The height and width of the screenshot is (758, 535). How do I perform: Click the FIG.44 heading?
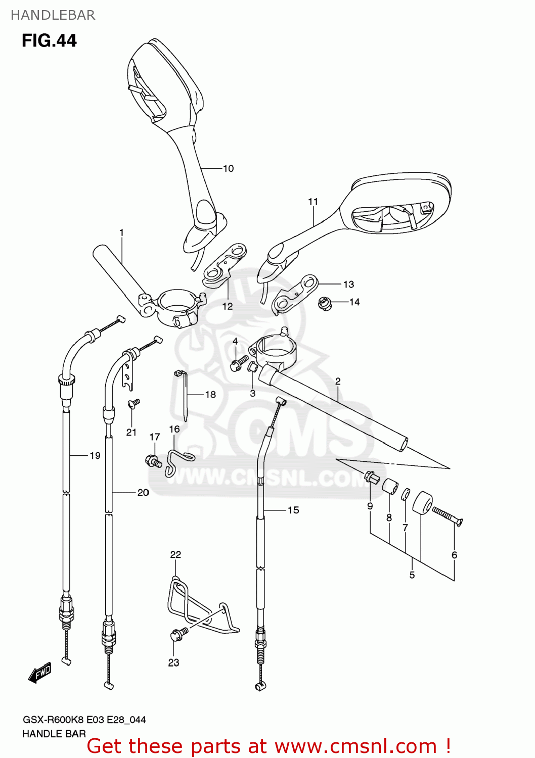pos(49,40)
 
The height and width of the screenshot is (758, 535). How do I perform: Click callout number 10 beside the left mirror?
pos(228,168)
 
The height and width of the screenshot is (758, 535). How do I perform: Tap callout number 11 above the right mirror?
pos(313,202)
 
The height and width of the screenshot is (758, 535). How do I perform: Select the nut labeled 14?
pos(325,304)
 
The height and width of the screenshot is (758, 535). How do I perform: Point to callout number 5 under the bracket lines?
pos(412,575)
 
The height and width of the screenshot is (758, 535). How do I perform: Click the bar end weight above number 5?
pos(422,502)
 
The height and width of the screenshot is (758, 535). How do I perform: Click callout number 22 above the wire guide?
pos(175,554)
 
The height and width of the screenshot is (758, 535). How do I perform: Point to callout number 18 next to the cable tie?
pos(210,394)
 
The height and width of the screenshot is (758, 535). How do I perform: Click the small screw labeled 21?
pos(134,403)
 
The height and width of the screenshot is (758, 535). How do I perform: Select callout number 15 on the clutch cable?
pos(293,510)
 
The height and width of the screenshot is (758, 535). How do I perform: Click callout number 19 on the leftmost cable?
pos(95,455)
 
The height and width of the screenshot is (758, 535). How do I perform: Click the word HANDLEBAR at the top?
pos(53,15)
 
